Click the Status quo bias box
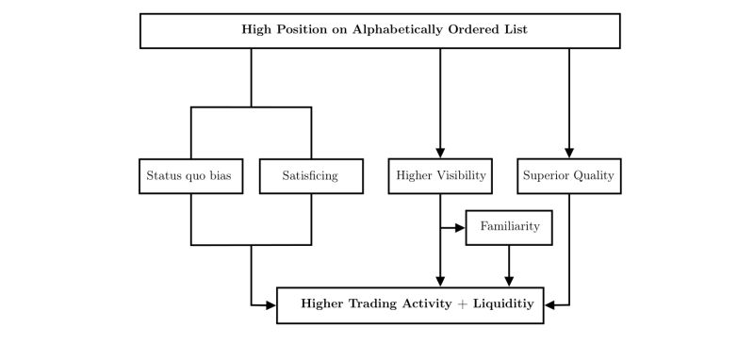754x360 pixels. [191, 175]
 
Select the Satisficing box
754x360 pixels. [311, 175]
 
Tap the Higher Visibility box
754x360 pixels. [440, 175]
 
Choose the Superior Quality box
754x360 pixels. [569, 175]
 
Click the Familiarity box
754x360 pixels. [509, 228]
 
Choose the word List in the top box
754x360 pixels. [514, 29]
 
